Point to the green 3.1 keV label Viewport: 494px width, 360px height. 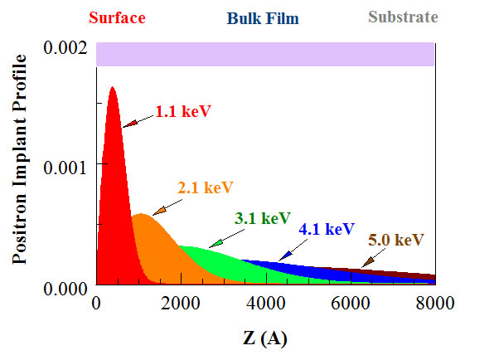pyautogui.click(x=261, y=218)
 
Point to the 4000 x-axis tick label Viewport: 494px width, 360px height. pyautogui.click(x=266, y=304)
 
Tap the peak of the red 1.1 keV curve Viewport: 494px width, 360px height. pyautogui.click(x=113, y=87)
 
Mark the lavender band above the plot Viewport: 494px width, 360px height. pyautogui.click(x=265, y=54)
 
